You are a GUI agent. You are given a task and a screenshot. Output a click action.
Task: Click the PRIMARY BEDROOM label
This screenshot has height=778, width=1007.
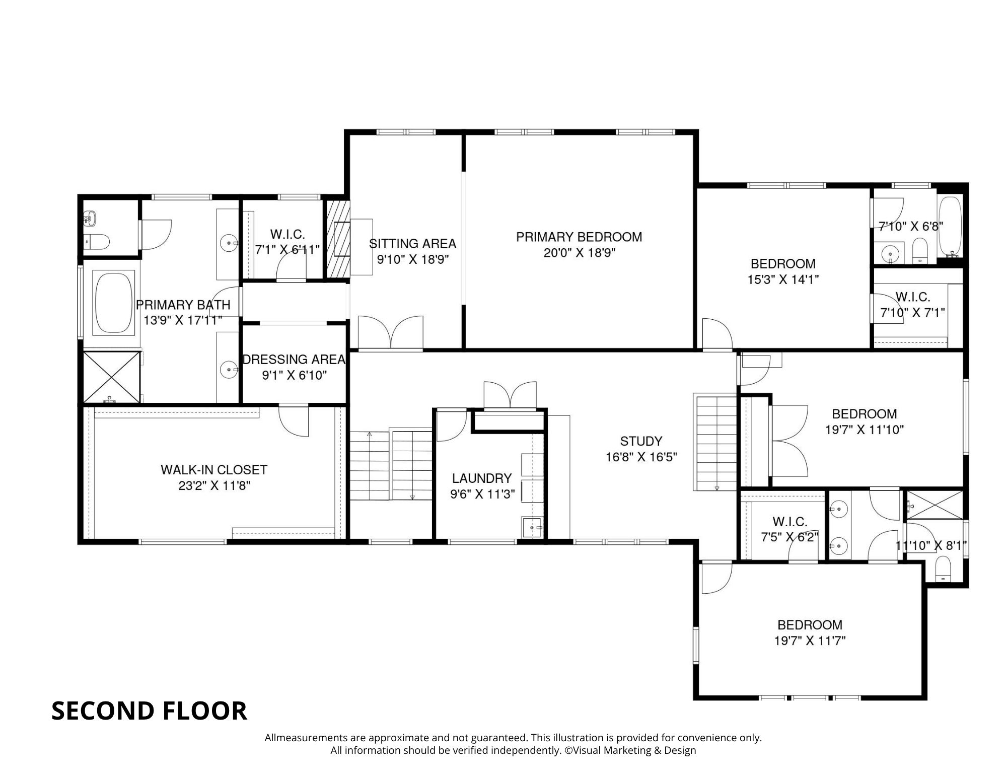pyautogui.click(x=579, y=237)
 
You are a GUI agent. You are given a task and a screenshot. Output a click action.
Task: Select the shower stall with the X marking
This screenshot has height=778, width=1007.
pyautogui.click(x=111, y=377)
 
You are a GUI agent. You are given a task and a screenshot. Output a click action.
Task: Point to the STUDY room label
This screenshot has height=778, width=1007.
pyautogui.click(x=640, y=441)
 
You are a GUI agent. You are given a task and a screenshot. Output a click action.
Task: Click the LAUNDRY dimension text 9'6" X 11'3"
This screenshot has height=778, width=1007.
pyautogui.click(x=482, y=494)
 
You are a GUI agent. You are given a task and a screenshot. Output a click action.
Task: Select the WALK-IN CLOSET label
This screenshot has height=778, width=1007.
pyautogui.click(x=213, y=470)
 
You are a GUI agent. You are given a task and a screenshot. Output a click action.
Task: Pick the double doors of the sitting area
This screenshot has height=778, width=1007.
pyautogui.click(x=391, y=332)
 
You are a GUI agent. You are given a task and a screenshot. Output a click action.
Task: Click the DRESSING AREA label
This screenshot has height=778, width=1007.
pyautogui.click(x=294, y=360)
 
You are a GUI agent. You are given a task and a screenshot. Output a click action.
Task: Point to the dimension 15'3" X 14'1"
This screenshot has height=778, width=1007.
pyautogui.click(x=783, y=279)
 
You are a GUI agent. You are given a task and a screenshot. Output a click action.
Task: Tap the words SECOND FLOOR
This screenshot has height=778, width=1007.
pyautogui.click(x=149, y=711)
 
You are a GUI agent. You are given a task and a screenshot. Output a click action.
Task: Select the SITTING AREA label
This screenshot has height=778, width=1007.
pyautogui.click(x=412, y=244)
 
